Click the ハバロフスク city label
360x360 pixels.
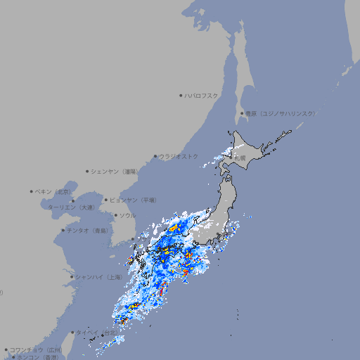point(202,95)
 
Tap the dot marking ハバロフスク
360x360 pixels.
point(181,95)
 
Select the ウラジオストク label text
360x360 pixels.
point(179,156)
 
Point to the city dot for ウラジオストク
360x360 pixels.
point(155,156)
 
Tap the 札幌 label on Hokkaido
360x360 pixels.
point(240,157)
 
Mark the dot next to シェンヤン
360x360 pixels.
point(87,171)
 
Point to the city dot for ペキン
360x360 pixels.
point(32,191)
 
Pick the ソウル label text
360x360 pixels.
point(127,215)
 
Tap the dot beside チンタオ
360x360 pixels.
point(63,230)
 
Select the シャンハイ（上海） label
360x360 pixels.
point(98,277)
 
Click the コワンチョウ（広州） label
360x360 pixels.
point(36,349)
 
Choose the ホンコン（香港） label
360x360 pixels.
point(37,357)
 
